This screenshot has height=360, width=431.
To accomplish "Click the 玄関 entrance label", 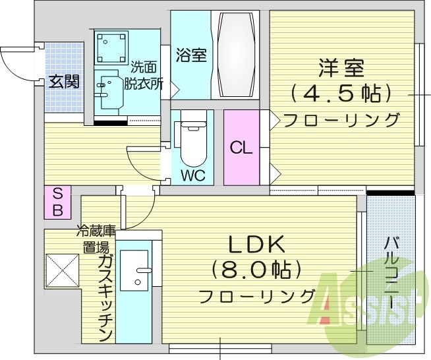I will point(64,82).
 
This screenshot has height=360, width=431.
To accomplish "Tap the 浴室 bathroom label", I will point(191,55).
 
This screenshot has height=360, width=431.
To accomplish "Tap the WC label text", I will point(193,176).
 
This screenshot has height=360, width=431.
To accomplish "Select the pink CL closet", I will point(241,148).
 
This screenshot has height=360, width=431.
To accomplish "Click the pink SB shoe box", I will point(58,202).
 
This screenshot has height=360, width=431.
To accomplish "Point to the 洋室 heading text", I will point(342,67).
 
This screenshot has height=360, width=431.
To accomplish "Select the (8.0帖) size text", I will point(256,269).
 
